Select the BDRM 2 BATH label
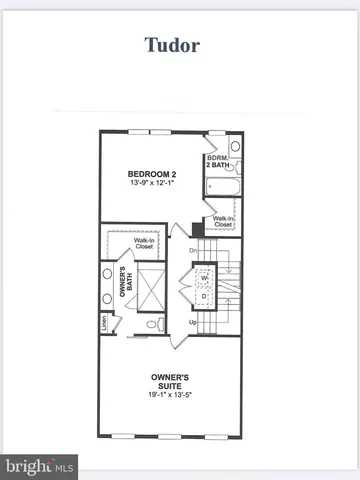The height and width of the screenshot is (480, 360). [x=219, y=162]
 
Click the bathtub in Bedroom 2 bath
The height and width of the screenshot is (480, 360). [x=221, y=186]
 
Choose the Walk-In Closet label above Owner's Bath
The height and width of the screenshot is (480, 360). [x=144, y=242]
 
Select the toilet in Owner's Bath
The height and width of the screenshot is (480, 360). [x=152, y=324]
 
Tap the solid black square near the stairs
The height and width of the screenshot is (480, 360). [x=197, y=228]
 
